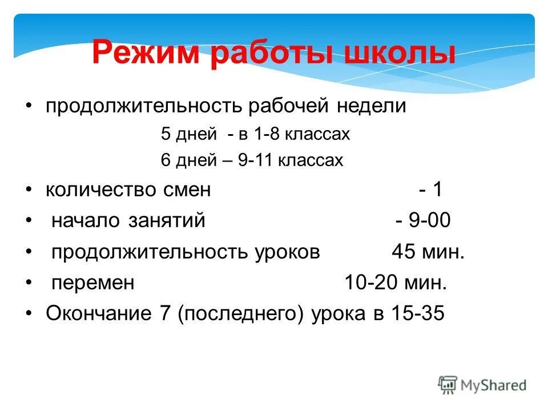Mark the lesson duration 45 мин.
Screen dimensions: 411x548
click(428, 252)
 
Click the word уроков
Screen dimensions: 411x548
click(285, 252)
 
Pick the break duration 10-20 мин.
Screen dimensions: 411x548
click(396, 283)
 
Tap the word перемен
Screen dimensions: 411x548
click(93, 283)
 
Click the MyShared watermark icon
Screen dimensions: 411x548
click(448, 385)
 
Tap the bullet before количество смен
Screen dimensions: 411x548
click(30, 190)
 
